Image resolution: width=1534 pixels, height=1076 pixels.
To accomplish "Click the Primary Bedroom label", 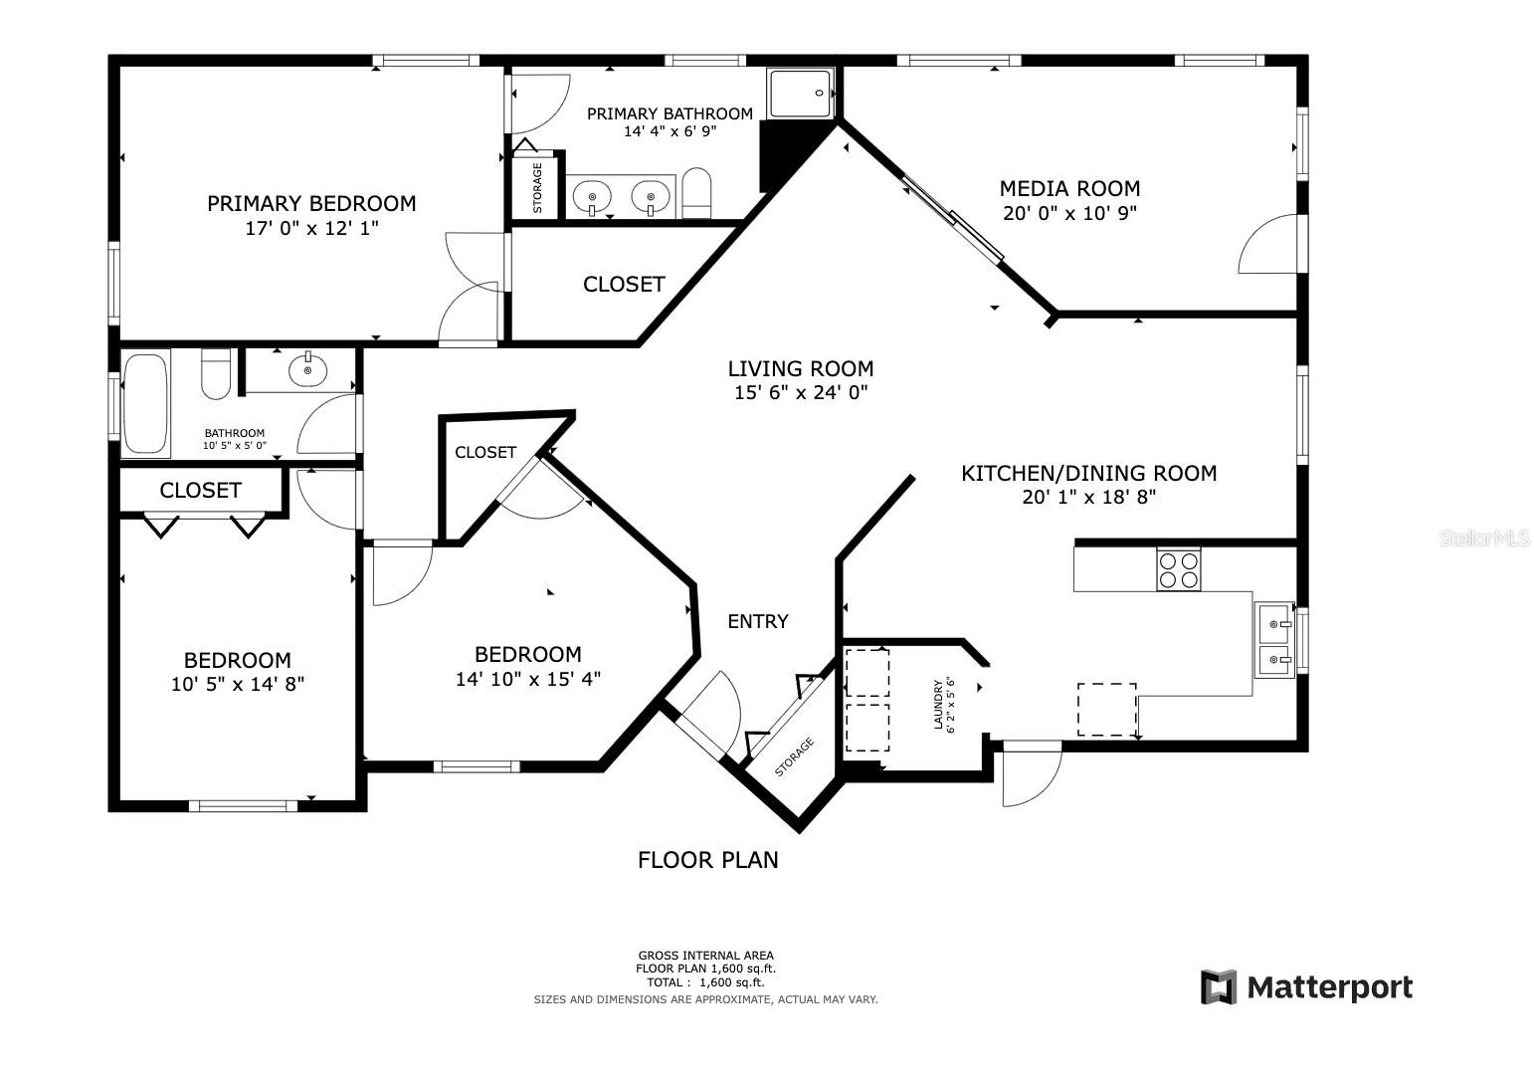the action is click(311, 203).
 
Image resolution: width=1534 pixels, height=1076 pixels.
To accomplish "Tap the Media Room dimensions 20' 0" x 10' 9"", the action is click(1069, 213).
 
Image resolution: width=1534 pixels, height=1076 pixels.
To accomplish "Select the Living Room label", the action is click(801, 368).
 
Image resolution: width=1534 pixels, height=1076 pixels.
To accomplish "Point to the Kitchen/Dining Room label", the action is click(1089, 473).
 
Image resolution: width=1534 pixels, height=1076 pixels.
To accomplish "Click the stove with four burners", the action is click(1179, 569).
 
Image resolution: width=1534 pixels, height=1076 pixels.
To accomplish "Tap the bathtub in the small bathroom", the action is click(146, 403).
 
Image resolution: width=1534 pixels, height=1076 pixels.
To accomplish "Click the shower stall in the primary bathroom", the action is click(801, 94).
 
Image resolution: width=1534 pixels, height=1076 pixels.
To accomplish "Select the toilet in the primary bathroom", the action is click(696, 193).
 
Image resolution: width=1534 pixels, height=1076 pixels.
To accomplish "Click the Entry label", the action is click(757, 622).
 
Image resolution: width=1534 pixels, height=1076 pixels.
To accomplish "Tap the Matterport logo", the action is click(1306, 986).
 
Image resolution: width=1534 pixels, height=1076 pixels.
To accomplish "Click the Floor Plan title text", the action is click(708, 860).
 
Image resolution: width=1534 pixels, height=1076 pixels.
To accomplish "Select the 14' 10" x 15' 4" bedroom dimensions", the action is click(528, 679).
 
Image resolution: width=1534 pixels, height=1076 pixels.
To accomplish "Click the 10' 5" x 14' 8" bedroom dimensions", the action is click(238, 684).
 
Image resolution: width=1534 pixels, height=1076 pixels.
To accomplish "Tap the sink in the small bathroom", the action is click(307, 370).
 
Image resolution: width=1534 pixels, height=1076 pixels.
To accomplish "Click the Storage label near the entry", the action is click(795, 757).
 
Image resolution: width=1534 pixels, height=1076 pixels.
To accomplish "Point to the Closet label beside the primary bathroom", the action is click(624, 285).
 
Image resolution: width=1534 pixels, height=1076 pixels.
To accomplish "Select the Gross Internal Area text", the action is click(706, 956).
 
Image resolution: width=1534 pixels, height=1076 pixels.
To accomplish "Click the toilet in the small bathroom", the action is click(216, 374).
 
